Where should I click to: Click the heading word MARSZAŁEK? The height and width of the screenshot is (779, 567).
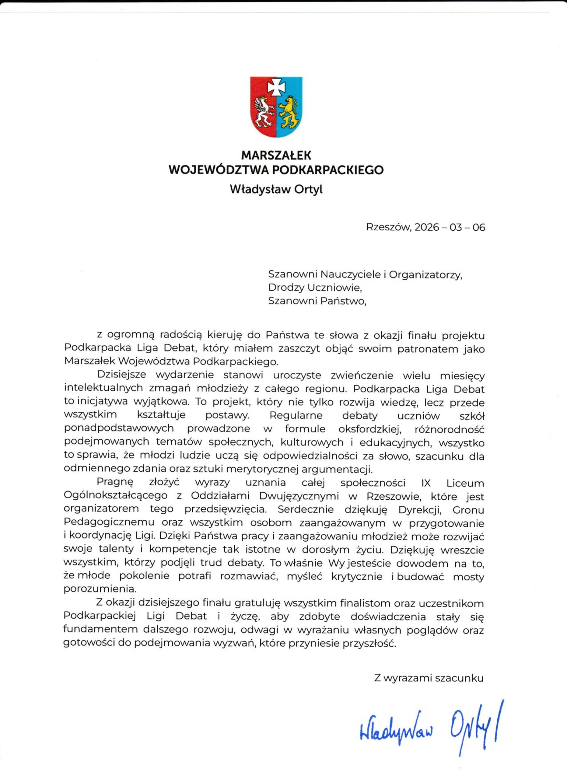point(276,155)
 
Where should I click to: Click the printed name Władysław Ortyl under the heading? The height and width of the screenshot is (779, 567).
point(276,189)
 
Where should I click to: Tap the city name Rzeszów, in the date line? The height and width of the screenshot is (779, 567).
point(388,227)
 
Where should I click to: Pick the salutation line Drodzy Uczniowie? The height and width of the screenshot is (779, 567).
point(315,288)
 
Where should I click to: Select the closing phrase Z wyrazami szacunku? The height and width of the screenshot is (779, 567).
point(429,678)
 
